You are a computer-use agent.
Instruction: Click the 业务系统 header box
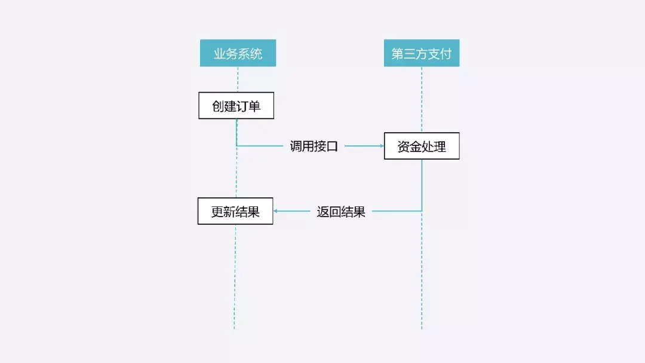pos(238,53)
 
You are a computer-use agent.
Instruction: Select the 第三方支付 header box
pos(421,53)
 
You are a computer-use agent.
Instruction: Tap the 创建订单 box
pos(236,106)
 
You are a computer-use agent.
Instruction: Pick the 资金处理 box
pos(421,146)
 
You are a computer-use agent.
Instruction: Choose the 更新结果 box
pos(235,211)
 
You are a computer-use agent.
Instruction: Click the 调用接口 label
pos(314,146)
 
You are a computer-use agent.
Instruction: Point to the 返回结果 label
pos(341,211)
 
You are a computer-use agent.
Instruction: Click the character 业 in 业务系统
pos(220,54)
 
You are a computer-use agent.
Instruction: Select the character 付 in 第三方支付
pos(446,54)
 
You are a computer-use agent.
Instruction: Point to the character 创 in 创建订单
pos(218,106)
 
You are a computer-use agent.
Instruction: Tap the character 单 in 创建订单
pos(254,106)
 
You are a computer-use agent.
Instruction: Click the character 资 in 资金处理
pos(404,147)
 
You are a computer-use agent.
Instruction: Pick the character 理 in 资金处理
pos(440,147)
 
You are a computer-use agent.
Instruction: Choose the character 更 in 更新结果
pos(217,212)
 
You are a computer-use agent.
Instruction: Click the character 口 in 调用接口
pos(332,147)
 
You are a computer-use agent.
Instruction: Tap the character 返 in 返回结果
pos(323,212)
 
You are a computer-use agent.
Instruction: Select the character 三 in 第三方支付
pos(409,54)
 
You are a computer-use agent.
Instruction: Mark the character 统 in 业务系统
pos(256,54)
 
